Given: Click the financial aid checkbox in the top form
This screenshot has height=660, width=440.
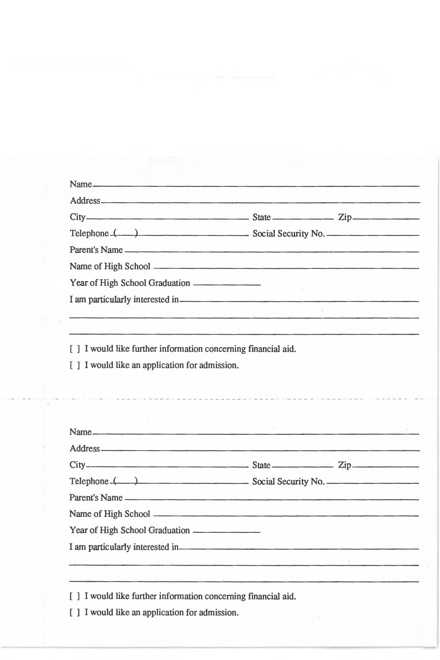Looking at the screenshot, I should click(x=75, y=349).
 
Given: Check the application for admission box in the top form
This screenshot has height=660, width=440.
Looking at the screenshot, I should click(x=75, y=365).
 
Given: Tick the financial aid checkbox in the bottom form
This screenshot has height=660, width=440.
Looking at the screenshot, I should click(x=75, y=596).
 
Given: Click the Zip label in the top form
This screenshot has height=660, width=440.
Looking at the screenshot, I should click(x=344, y=217).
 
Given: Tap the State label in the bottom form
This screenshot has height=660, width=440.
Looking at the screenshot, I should click(x=261, y=465).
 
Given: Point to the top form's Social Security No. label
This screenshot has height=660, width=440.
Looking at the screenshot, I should click(x=289, y=234).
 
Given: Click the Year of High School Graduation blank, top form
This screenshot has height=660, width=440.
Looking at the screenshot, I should click(x=227, y=285).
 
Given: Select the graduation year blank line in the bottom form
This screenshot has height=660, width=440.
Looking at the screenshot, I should click(x=227, y=532).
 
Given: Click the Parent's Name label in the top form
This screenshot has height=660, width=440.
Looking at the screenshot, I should click(x=96, y=250).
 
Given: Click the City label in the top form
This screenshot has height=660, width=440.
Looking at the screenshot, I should click(x=78, y=217).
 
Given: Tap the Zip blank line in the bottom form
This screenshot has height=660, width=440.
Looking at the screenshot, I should click(x=386, y=467).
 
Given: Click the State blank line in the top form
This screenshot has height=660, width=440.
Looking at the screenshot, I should click(x=303, y=219).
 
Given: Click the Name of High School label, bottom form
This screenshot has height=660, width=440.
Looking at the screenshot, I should click(x=110, y=514).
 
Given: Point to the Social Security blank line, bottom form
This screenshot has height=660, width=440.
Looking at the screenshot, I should click(x=373, y=483).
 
